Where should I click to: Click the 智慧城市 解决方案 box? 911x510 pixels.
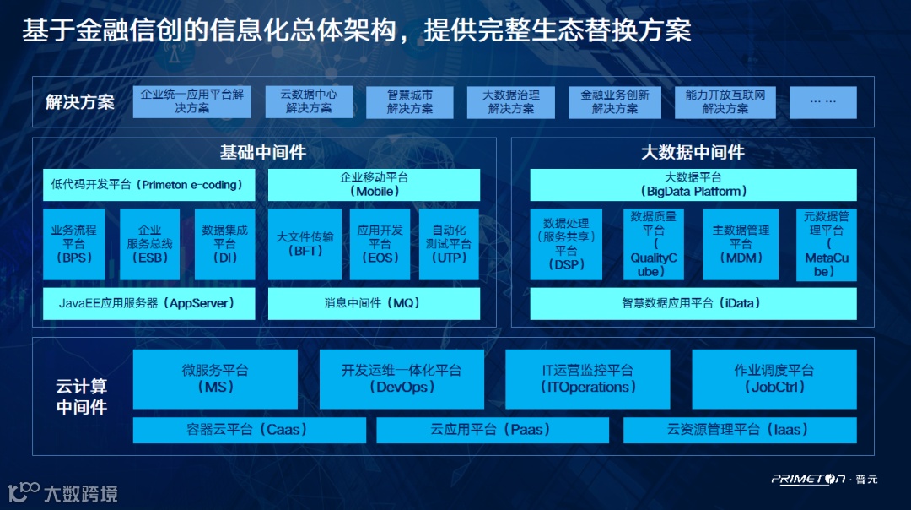point(410,102)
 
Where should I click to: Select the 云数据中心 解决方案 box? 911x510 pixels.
point(309,102)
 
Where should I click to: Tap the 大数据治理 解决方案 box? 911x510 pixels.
point(511,102)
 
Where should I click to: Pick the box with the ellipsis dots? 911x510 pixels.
point(822,102)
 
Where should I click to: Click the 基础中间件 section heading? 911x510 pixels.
point(262,153)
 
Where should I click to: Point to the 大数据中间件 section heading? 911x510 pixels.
point(693,153)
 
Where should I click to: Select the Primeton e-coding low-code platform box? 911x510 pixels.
point(148,185)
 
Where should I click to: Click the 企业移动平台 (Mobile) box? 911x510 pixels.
point(374,185)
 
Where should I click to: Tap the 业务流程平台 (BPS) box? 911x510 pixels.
point(74,244)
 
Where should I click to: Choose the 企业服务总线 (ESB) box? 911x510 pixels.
point(149,244)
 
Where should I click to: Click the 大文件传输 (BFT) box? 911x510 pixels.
point(305,244)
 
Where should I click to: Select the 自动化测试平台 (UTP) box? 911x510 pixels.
point(449,244)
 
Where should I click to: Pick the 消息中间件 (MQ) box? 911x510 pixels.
point(374,303)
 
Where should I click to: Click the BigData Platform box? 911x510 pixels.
point(693,185)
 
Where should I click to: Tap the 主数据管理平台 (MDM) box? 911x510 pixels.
point(741,244)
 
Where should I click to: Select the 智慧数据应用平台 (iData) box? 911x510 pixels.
point(693,303)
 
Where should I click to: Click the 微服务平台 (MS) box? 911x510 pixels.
point(215,379)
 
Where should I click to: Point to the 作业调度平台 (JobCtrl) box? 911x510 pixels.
point(774,379)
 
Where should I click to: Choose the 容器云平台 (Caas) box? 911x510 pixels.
point(249,430)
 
